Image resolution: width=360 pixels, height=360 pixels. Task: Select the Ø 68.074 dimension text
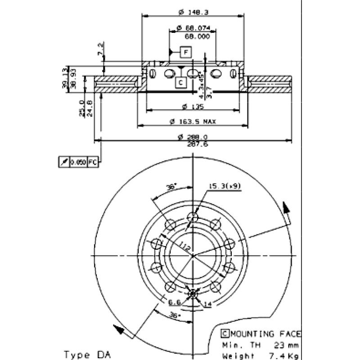pyautogui.click(x=193, y=28)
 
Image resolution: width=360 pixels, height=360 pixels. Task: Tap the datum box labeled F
pyautogui.click(x=185, y=52)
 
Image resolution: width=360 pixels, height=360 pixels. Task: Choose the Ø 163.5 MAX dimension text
pyautogui.click(x=193, y=121)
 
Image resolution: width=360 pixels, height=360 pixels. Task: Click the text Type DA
pyautogui.click(x=87, y=354)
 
